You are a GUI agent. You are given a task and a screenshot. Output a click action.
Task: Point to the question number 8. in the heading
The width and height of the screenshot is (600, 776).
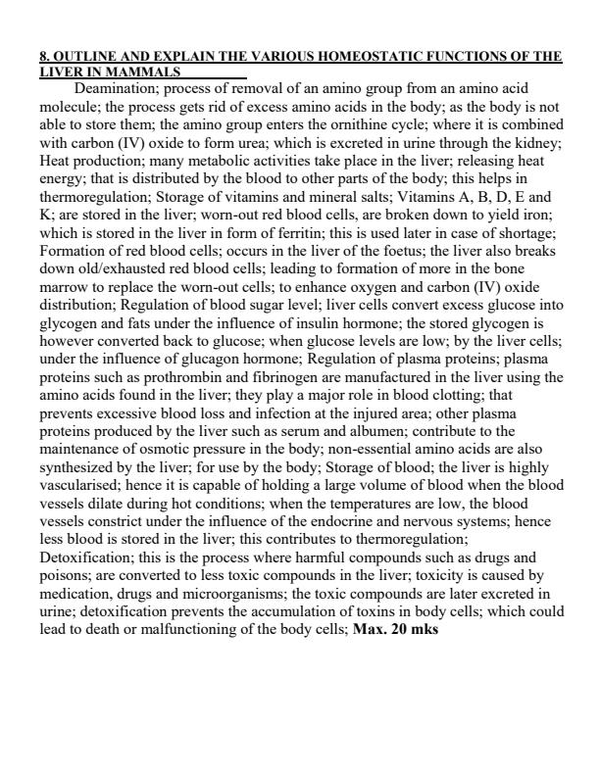45,57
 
